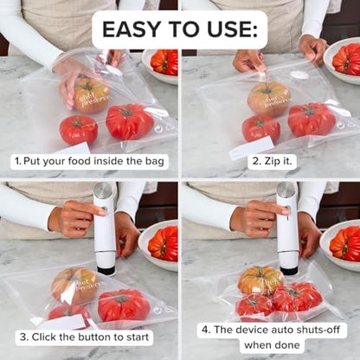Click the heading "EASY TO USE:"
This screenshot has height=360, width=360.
(x=179, y=29)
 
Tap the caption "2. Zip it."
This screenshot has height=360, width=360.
(x=269, y=161)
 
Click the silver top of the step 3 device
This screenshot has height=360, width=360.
(x=104, y=190)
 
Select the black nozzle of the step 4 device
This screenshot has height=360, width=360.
(x=288, y=270)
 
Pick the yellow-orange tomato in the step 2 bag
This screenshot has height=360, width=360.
(x=269, y=98)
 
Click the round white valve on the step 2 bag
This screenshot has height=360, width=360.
(x=299, y=75)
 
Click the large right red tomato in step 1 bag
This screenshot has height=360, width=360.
(x=130, y=122)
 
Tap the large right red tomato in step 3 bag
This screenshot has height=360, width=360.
(x=123, y=305)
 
